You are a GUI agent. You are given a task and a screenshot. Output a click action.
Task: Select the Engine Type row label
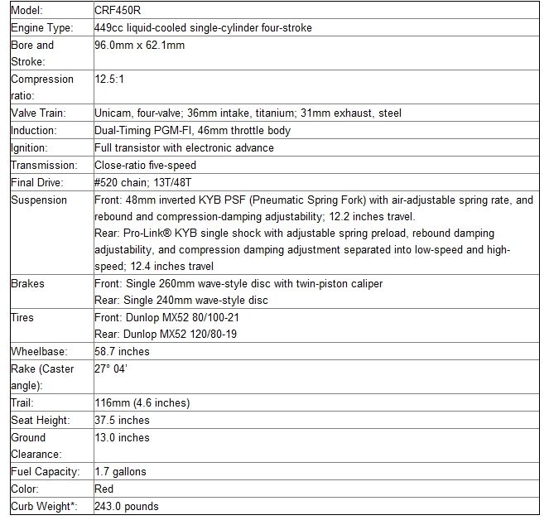pyautogui.click(x=41, y=28)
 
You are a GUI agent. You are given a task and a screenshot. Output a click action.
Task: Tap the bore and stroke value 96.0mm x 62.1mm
pyautogui.click(x=140, y=46)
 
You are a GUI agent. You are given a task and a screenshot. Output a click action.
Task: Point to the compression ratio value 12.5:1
pyautogui.click(x=112, y=79)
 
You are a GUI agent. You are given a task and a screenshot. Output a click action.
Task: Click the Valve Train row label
pyautogui.click(x=38, y=113)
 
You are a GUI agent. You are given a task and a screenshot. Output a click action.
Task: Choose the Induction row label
pyautogui.click(x=33, y=131)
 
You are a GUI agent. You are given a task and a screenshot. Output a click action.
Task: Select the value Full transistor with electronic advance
pyautogui.click(x=185, y=148)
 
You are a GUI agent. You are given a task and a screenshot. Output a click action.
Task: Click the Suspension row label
pyautogui.click(x=39, y=200)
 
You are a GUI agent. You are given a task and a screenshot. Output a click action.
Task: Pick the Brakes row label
pyautogui.click(x=28, y=284)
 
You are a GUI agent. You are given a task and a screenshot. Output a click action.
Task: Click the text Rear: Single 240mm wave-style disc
pyautogui.click(x=181, y=301)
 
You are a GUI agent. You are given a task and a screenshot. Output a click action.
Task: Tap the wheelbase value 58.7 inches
pyautogui.click(x=123, y=352)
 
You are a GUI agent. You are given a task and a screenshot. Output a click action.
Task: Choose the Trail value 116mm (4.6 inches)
pyautogui.click(x=142, y=403)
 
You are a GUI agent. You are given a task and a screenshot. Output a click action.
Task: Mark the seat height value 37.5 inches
pyautogui.click(x=123, y=421)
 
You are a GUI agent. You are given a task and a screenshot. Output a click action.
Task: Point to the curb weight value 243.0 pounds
pyautogui.click(x=127, y=507)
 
